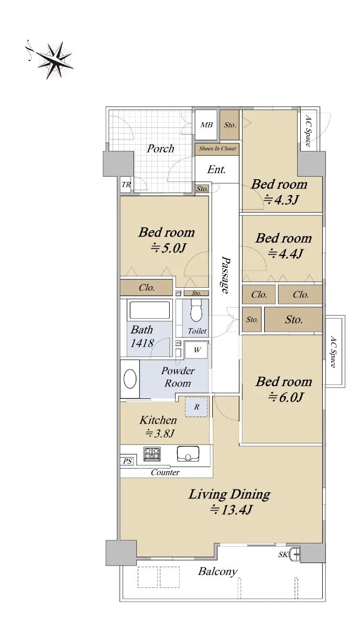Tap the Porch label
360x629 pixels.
pos(160,148)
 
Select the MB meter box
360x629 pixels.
pos(206,125)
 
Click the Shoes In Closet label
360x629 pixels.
pos(217,148)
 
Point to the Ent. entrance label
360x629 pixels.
pos(216,169)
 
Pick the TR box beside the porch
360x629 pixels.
pos(126,185)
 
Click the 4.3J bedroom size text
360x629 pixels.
pos(281,200)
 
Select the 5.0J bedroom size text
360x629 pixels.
pos(169,248)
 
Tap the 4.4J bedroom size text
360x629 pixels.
pos(286,254)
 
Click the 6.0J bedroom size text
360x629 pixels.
pos(286,397)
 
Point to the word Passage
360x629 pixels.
pos(225,274)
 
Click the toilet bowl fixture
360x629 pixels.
pos(196,310)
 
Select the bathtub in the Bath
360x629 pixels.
pos(149,310)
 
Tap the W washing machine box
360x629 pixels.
pos(197,350)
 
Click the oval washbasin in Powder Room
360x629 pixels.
pos(130,379)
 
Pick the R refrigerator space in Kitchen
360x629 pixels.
pos(197,407)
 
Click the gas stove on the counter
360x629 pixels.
pos(152,454)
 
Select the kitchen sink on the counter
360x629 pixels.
pos(188,453)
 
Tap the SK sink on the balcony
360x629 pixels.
pos(295,554)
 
